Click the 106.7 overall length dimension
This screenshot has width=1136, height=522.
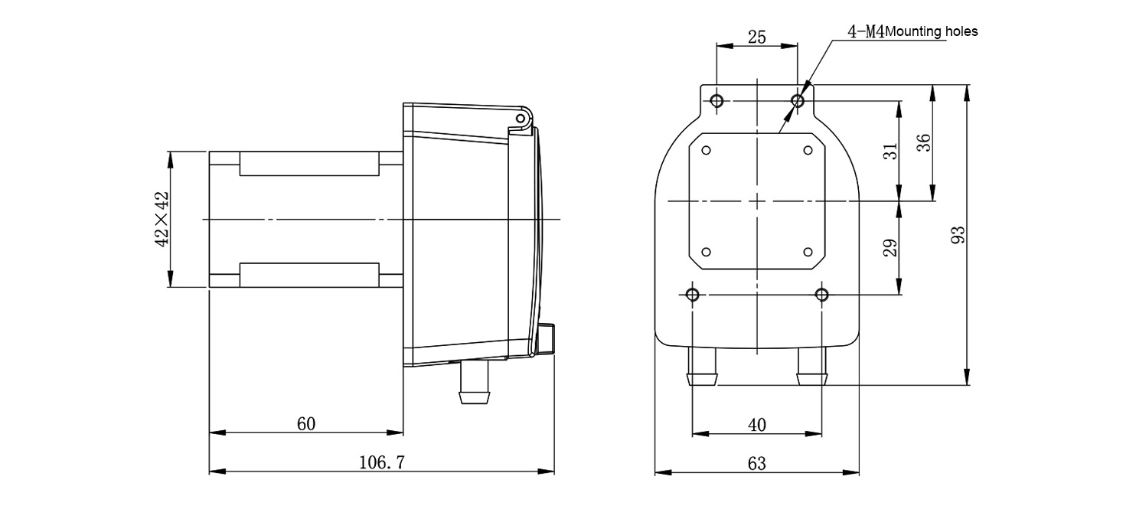(382, 462)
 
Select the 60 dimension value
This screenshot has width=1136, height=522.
(305, 423)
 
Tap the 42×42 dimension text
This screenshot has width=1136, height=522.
(162, 219)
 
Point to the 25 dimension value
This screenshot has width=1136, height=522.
(756, 37)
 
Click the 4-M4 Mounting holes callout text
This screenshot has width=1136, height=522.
(912, 31)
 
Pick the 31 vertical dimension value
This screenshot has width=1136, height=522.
(890, 152)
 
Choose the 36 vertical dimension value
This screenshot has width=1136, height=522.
(924, 142)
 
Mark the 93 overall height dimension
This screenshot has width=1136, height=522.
(958, 235)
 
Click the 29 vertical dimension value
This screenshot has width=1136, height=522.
(890, 247)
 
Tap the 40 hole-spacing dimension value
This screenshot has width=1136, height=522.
(756, 425)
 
